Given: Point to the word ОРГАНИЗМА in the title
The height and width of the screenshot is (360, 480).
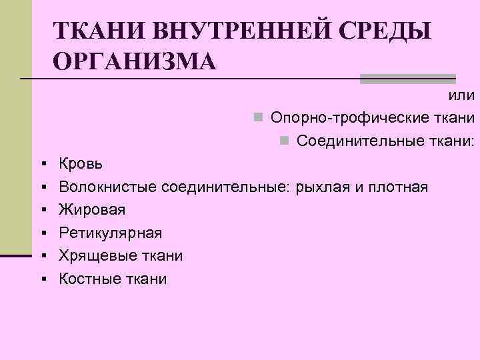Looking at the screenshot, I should [134, 62].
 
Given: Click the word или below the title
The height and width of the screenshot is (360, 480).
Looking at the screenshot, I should [462, 96].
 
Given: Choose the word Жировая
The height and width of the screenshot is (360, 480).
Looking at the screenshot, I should [92, 210].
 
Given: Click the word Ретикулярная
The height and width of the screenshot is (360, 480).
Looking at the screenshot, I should [110, 233].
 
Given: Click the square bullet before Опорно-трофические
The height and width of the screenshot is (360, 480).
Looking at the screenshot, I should [257, 119].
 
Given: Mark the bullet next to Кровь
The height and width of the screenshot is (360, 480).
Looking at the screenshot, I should [42, 164].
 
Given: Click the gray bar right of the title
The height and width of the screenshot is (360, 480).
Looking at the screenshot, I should [407, 79].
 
